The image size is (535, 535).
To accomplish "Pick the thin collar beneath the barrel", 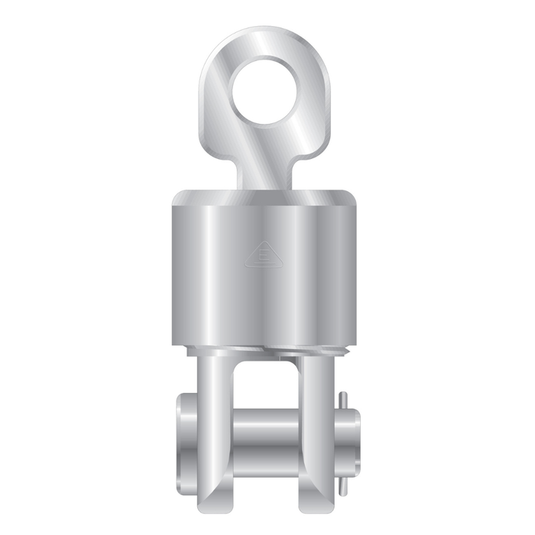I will coord(266,350).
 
